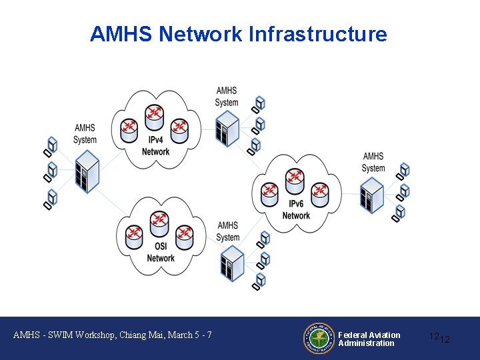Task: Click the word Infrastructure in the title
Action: coord(317,34)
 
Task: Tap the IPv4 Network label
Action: coord(156,146)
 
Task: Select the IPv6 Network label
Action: coord(296,210)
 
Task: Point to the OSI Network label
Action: coord(160,253)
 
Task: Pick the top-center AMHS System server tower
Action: coord(227,127)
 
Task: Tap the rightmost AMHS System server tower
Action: coord(372,195)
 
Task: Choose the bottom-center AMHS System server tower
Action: coord(232,263)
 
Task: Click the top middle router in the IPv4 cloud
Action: coord(154,115)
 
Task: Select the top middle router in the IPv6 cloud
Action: coord(295,179)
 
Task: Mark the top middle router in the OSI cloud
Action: coord(159,222)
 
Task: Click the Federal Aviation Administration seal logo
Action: coord(319,338)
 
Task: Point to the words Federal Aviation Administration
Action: coord(369,339)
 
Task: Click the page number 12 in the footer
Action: coord(440,338)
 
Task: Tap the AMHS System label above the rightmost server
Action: coord(373,162)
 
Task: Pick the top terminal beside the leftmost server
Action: coord(51,143)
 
